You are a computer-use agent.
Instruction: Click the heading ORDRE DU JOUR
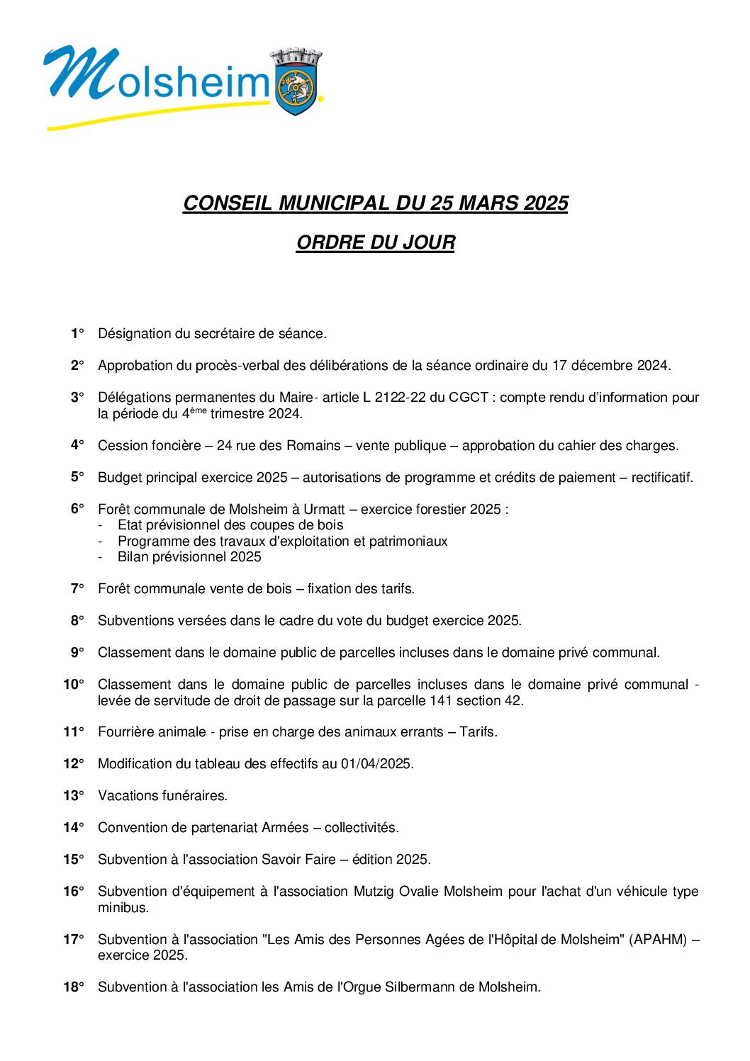[x=375, y=242]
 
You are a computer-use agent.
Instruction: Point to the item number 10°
[x=73, y=685]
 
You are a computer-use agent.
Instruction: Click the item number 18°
[x=73, y=987]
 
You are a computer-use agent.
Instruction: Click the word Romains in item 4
[x=314, y=446]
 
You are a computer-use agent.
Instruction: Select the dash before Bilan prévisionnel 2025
[x=101, y=557]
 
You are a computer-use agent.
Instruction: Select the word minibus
[x=123, y=907]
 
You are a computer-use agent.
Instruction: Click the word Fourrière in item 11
[x=125, y=732]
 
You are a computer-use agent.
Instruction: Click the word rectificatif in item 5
[x=661, y=478]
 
